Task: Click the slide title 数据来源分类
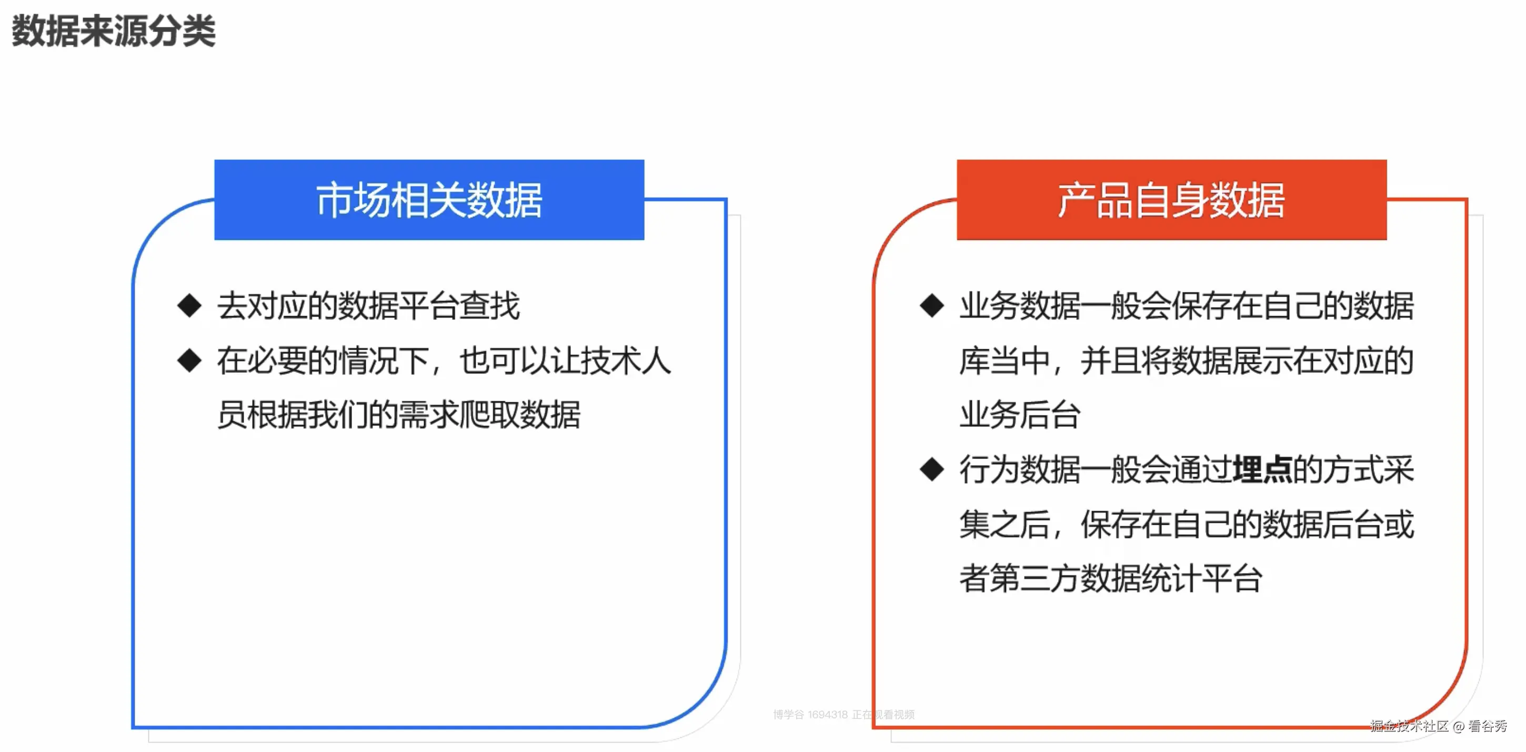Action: [113, 31]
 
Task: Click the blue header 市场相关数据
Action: [429, 200]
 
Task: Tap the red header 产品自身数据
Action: [1171, 200]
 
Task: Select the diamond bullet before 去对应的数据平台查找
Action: [189, 306]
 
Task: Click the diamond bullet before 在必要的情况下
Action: [189, 360]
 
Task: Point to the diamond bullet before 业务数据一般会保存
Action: [932, 306]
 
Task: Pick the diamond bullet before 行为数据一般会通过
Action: [932, 470]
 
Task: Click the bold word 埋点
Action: [1262, 470]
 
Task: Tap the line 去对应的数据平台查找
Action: [368, 306]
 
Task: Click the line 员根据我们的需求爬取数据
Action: [399, 414]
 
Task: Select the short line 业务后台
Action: [1020, 414]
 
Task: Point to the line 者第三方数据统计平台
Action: [1111, 578]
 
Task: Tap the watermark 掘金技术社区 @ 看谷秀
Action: [1438, 726]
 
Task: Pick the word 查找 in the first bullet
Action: [490, 306]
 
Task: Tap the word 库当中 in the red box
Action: [1005, 361]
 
